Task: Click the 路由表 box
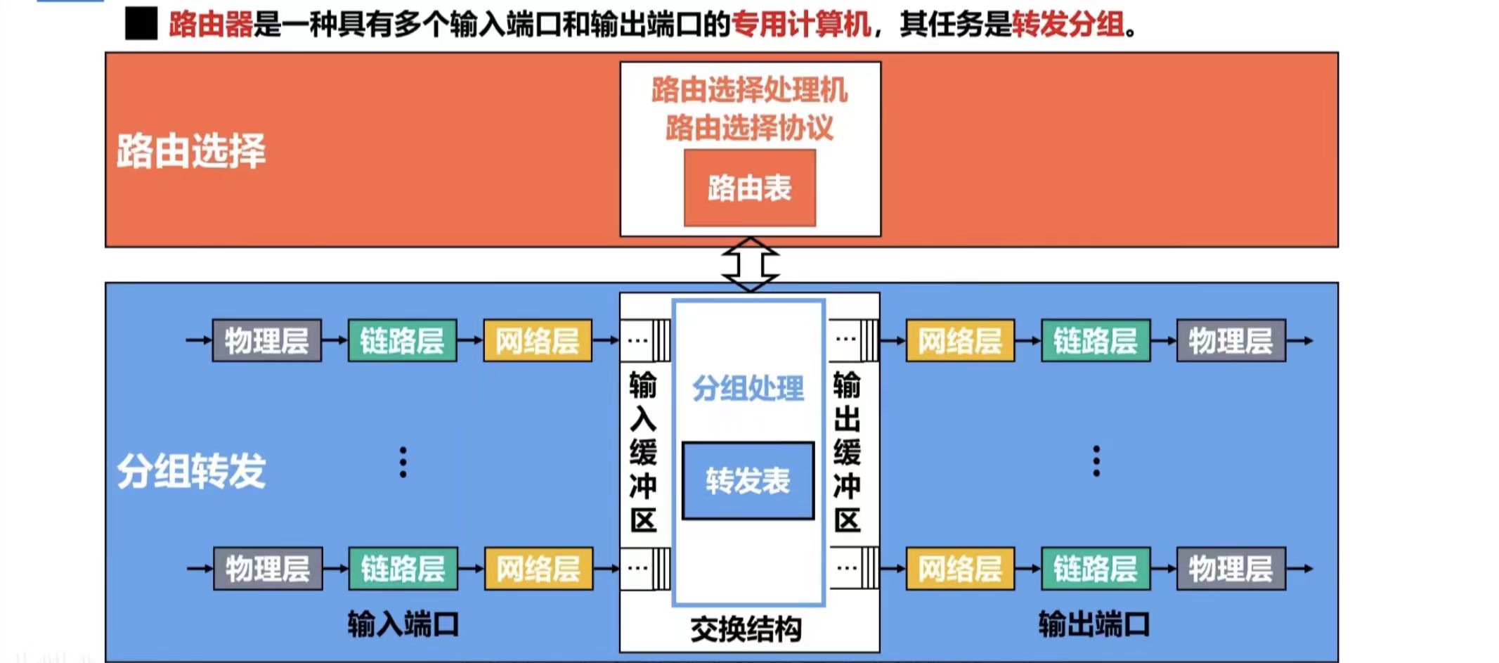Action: pyautogui.click(x=749, y=188)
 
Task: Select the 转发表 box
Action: pyautogui.click(x=748, y=481)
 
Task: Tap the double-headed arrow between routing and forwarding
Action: pyautogui.click(x=750, y=264)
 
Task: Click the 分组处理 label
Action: pyautogui.click(x=748, y=388)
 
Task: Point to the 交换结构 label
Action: pyautogui.click(x=746, y=629)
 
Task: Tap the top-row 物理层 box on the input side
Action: pyautogui.click(x=266, y=341)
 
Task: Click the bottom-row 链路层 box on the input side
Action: pyautogui.click(x=403, y=569)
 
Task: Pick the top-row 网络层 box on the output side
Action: pyautogui.click(x=959, y=341)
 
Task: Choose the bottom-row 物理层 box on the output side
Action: pyautogui.click(x=1231, y=569)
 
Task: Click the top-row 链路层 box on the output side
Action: pyautogui.click(x=1095, y=341)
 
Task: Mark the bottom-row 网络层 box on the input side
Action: pyautogui.click(x=538, y=569)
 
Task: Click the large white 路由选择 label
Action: pyautogui.click(x=190, y=150)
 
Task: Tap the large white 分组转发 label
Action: pyautogui.click(x=190, y=470)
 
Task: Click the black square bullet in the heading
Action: pyautogui.click(x=141, y=25)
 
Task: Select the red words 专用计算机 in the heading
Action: pyautogui.click(x=801, y=25)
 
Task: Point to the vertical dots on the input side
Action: pyautogui.click(x=403, y=462)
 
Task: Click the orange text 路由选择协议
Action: pyautogui.click(x=749, y=128)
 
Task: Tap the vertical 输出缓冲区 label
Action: pyautogui.click(x=847, y=452)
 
